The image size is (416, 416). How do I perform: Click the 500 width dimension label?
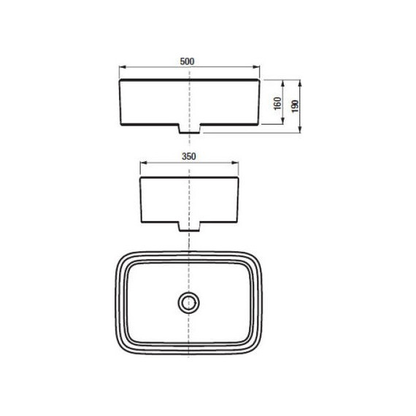point(187,61)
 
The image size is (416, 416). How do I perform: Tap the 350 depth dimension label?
point(189,156)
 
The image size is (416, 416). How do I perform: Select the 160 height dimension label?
point(277,104)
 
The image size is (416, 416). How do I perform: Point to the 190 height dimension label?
point(295,106)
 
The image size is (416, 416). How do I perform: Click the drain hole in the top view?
point(188,302)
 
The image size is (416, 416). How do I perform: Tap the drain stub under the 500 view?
point(190,128)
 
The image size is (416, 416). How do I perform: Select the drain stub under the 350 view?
point(189,227)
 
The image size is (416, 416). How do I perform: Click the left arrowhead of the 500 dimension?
point(123,67)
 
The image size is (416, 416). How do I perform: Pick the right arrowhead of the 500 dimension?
point(256,67)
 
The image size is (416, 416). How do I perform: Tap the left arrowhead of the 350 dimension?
point(144,163)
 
